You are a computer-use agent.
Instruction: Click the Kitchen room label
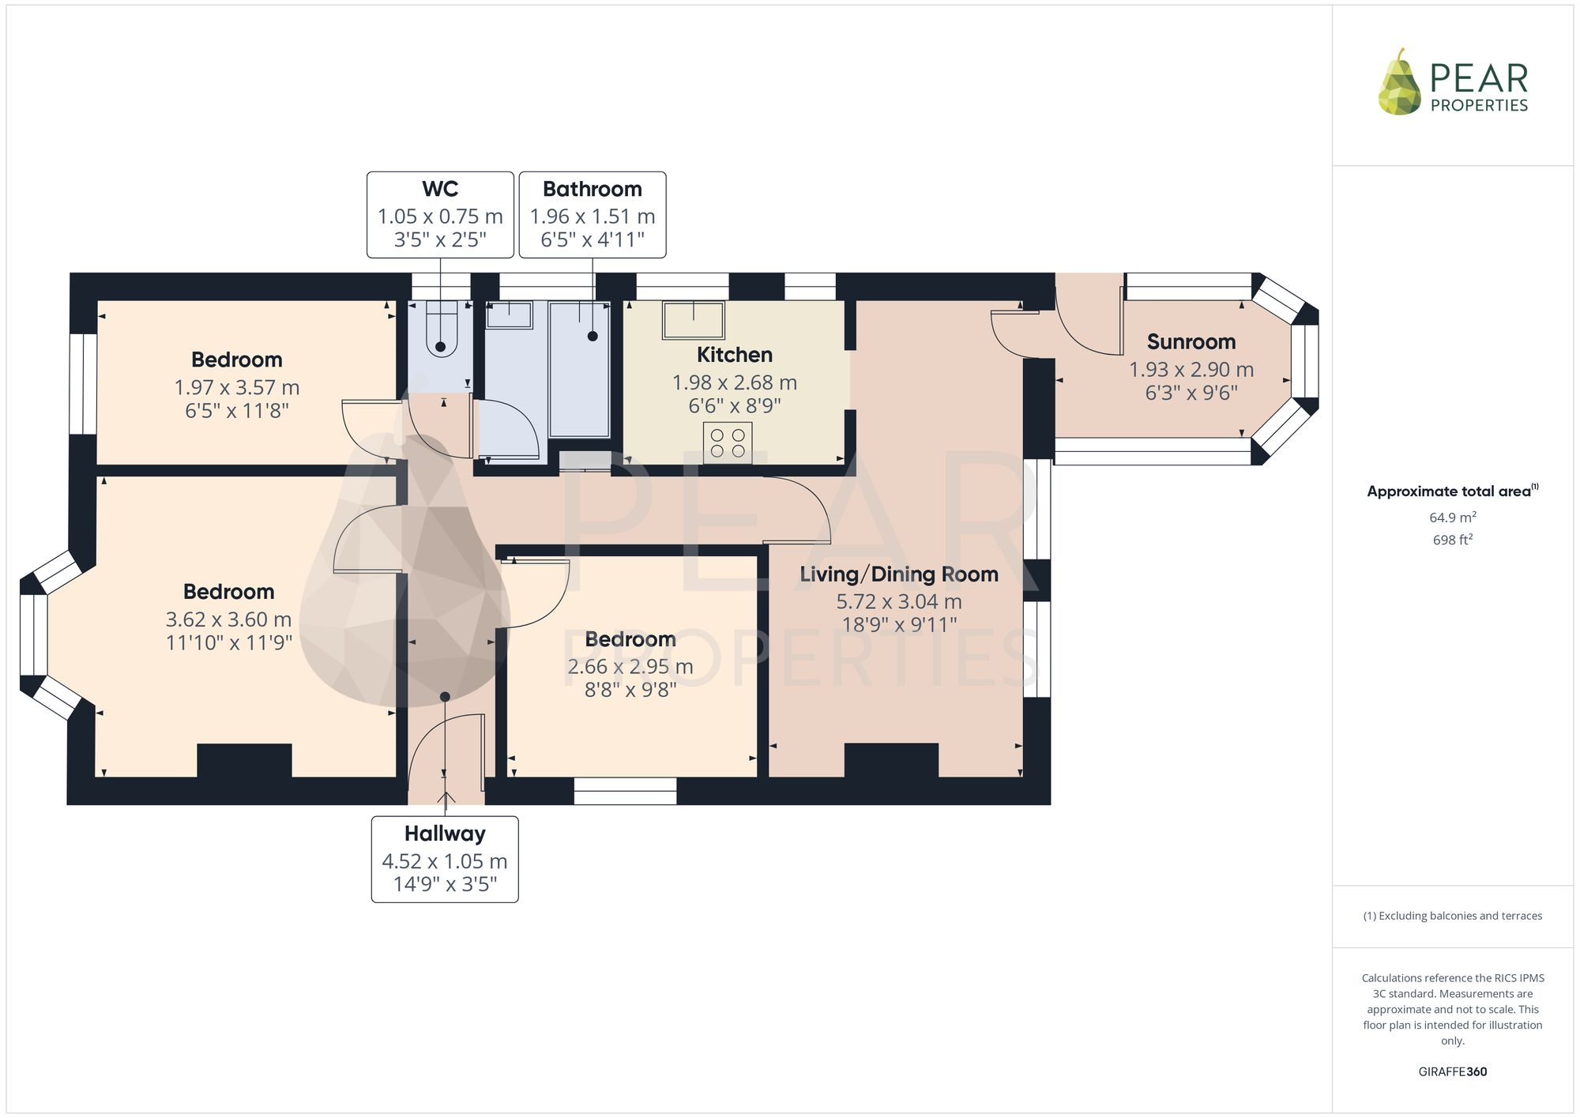734,355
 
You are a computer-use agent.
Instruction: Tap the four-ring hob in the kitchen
728,442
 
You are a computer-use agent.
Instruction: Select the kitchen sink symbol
694,320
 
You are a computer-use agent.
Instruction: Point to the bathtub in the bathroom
579,370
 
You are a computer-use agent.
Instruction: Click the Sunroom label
1191,342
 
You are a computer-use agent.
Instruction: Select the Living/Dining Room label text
898,574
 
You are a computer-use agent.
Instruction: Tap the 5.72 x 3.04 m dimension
898,602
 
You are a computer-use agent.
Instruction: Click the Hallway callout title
445,834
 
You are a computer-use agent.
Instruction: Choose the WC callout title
440,190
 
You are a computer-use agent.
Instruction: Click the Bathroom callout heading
592,190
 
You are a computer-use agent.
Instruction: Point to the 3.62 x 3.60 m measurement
228,619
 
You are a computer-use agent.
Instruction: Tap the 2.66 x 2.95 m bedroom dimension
630,667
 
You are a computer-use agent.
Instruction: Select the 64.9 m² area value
1452,518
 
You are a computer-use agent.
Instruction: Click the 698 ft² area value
1452,540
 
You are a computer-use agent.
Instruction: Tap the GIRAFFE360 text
1452,1072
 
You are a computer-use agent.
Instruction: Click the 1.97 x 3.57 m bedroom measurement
236,388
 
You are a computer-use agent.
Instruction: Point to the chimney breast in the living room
891,760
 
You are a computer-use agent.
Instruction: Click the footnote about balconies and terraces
1452,917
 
